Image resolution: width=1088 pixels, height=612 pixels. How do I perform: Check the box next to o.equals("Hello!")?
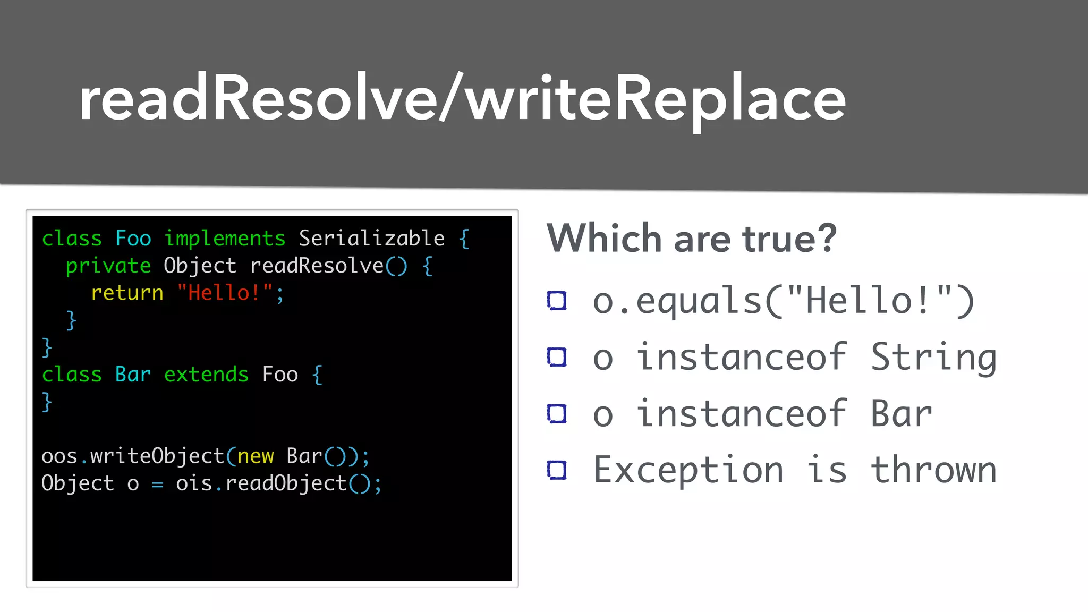pyautogui.click(x=557, y=301)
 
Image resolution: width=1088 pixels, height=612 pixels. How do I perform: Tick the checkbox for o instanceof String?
pyautogui.click(x=557, y=357)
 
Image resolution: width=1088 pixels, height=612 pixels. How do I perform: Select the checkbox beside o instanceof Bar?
pyautogui.click(x=557, y=414)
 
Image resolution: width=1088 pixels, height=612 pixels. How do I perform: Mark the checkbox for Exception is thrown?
pyautogui.click(x=557, y=470)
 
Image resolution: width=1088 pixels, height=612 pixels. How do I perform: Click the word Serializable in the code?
pyautogui.click(x=371, y=238)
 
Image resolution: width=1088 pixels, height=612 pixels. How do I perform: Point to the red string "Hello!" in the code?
pyautogui.click(x=225, y=293)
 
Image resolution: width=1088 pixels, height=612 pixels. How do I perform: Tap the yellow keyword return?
pyautogui.click(x=127, y=293)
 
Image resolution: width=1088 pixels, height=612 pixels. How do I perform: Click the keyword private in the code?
pyautogui.click(x=108, y=266)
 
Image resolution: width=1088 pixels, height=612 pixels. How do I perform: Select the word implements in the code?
pyautogui.click(x=225, y=238)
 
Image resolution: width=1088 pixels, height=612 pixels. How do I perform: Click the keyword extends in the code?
pyautogui.click(x=206, y=375)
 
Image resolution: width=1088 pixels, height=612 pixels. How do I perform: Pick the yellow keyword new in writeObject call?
pyautogui.click(x=256, y=456)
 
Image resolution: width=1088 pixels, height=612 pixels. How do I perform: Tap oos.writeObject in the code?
pyautogui.click(x=133, y=456)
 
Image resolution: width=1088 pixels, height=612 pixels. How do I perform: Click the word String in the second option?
pyautogui.click(x=933, y=358)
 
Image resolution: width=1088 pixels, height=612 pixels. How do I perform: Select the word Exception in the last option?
pyautogui.click(x=688, y=470)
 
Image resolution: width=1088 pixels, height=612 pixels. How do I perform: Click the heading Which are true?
pyautogui.click(x=691, y=239)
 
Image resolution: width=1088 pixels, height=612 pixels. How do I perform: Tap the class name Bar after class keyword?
pyautogui.click(x=133, y=375)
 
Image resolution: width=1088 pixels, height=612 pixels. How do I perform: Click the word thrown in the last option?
pyautogui.click(x=933, y=470)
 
